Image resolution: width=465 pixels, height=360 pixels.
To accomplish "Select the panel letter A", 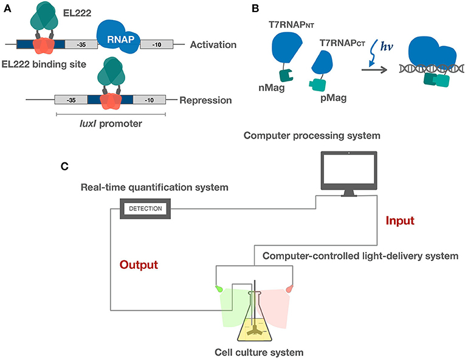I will tap(7, 8).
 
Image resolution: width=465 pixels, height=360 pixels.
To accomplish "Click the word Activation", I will tap(214, 44).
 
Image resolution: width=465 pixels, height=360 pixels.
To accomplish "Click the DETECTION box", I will tap(145, 209).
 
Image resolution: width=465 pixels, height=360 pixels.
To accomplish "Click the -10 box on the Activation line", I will tap(157, 44).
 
